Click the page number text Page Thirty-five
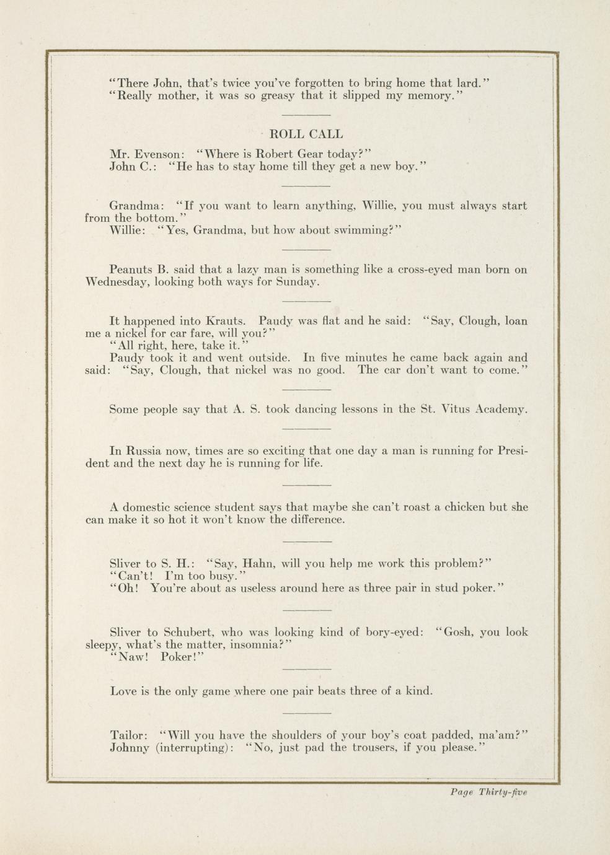click(x=488, y=792)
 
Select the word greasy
click(x=278, y=95)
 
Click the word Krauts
click(x=226, y=321)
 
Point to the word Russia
click(x=152, y=450)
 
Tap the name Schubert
click(x=188, y=632)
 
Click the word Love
click(x=123, y=691)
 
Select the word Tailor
click(x=128, y=735)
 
